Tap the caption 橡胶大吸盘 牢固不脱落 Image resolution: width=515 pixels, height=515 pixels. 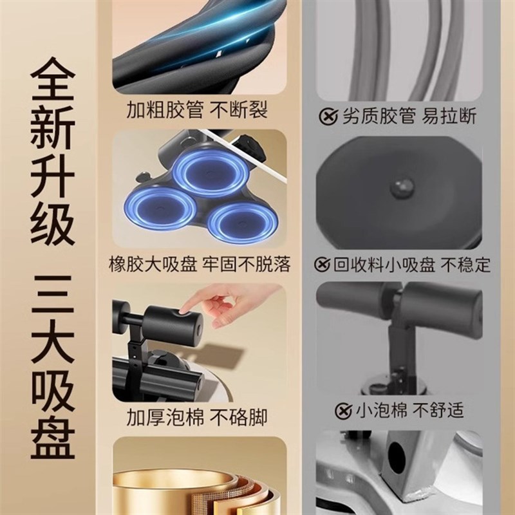tap(200, 264)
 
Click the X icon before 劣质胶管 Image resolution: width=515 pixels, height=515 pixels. tap(330, 117)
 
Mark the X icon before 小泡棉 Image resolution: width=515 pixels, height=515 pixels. tap(342, 409)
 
